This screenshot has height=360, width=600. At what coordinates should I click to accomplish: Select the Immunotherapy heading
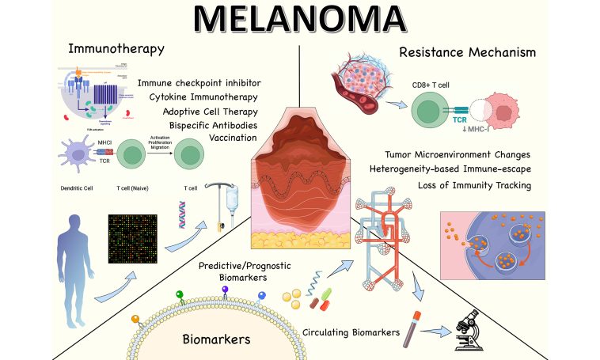click(116, 49)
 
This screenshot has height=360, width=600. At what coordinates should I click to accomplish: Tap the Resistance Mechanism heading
click(467, 53)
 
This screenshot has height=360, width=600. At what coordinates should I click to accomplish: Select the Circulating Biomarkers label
click(351, 332)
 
